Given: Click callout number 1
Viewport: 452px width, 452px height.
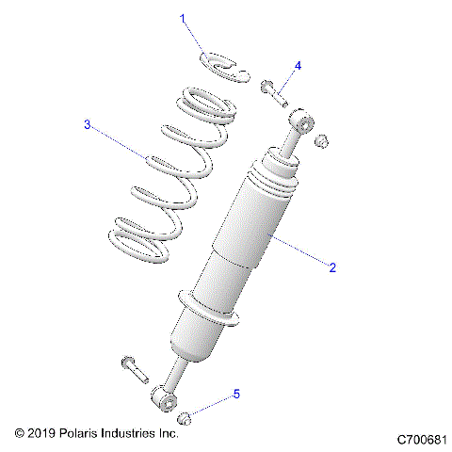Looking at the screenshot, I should pos(184,18).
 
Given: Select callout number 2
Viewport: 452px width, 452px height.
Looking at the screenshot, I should pos(331,267).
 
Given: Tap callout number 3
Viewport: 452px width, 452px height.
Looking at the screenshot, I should pos(87,124).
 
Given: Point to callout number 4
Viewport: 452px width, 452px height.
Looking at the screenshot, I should pos(298,66).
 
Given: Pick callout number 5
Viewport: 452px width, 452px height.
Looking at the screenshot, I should pos(236,395).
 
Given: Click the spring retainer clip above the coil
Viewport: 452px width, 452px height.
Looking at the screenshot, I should pos(226,67).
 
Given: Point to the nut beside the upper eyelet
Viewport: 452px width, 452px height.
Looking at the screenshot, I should pos(322,141).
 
